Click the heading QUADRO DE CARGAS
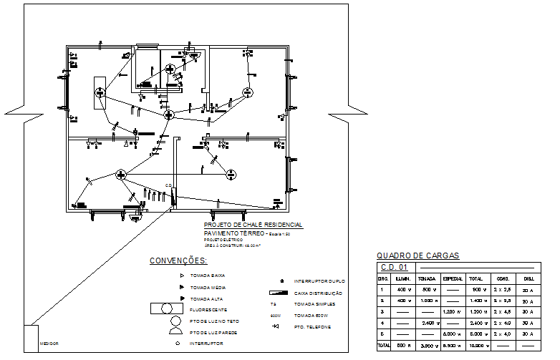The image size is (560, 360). [x=417, y=256]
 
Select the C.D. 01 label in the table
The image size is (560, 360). [x=393, y=267]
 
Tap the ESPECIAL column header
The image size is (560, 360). [x=451, y=278]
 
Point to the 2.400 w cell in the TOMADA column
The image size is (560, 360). [x=428, y=322]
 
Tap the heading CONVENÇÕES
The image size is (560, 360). [x=178, y=261]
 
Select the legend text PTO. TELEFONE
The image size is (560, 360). [x=312, y=327]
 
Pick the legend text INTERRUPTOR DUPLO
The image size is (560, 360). [x=319, y=282]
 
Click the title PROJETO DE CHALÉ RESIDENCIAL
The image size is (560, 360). [x=253, y=225]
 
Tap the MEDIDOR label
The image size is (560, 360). [x=49, y=344]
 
